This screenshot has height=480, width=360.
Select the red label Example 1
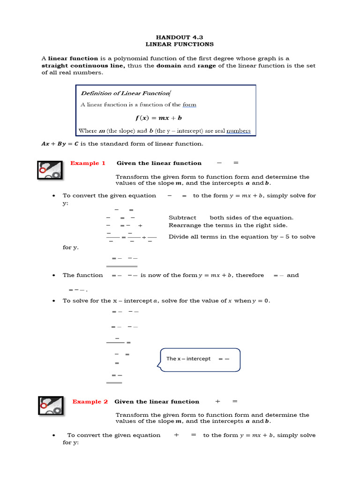point(84,163)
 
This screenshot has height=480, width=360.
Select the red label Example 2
point(90,402)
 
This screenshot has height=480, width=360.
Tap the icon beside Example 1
point(50,169)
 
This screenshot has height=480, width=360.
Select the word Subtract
point(182,217)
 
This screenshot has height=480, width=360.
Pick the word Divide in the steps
point(179,237)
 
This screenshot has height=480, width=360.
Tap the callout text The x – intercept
point(188,359)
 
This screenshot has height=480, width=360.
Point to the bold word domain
point(169,66)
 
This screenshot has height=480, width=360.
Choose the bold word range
point(207,66)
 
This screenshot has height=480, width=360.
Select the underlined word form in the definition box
point(189,105)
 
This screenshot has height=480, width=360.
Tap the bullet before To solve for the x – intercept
point(55,301)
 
